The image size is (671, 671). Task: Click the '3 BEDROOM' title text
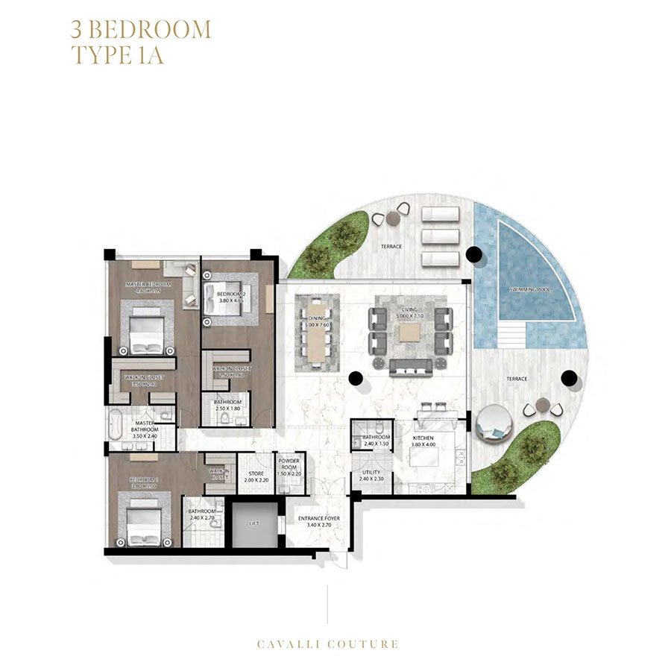point(141,30)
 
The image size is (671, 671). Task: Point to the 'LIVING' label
point(409,312)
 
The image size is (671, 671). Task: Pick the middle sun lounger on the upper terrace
point(440,236)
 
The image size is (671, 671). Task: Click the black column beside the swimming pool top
point(471,254)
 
